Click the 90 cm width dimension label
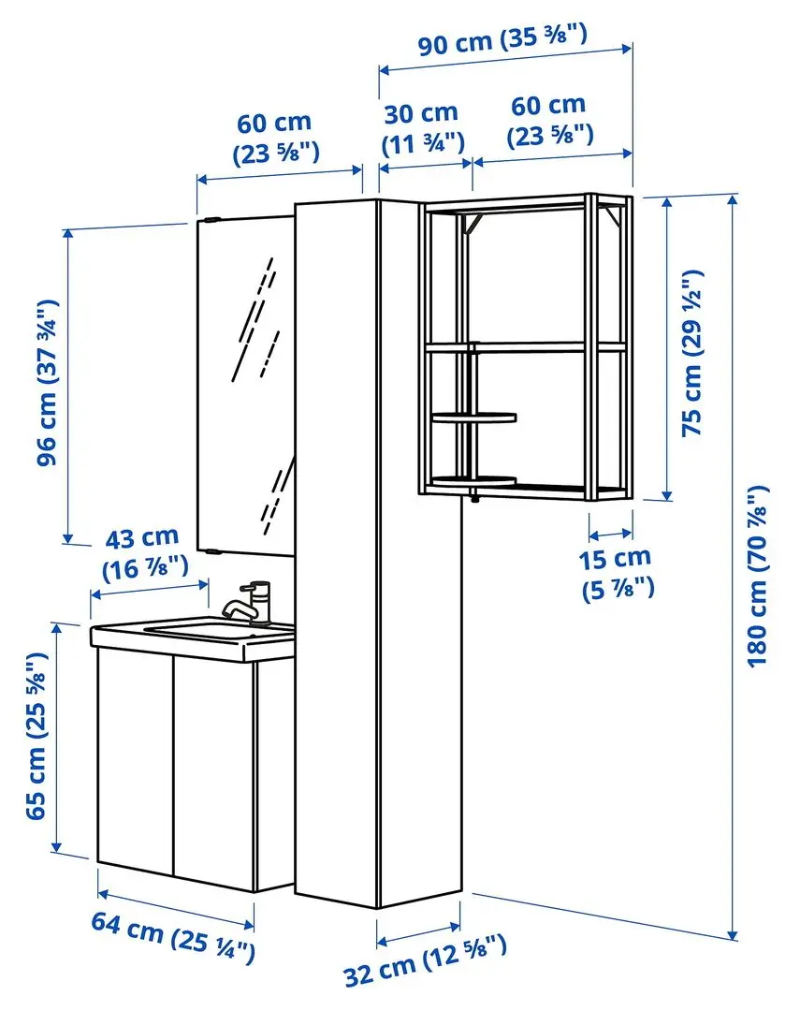pos(502,41)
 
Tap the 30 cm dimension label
pos(422,127)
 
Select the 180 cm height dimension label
pos(760,576)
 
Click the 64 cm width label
pos(173,936)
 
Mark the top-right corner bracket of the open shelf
pos(613,217)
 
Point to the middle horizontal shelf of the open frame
pos(524,347)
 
